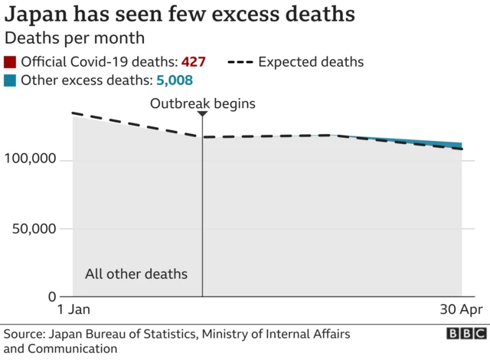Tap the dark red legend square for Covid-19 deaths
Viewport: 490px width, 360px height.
pos(10,63)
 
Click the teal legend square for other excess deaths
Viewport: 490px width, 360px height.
pos(10,80)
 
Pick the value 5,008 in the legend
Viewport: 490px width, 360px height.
pos(173,80)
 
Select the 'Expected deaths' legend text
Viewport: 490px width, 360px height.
pos(310,63)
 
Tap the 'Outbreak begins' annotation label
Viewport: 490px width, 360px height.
pos(202,103)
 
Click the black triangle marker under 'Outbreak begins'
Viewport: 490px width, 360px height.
pos(202,114)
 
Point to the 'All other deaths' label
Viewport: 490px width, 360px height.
pos(136,274)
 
